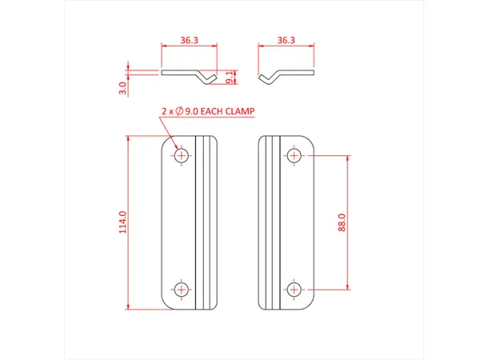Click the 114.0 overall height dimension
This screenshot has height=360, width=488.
click(x=122, y=222)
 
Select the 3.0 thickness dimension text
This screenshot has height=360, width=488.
click(x=122, y=87)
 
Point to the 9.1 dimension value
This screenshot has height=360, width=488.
click(x=230, y=76)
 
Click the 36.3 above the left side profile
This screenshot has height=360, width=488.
click(x=189, y=39)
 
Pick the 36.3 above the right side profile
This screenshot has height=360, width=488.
click(x=286, y=39)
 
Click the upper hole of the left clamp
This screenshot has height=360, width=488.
click(x=182, y=154)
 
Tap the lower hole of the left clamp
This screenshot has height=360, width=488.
click(x=182, y=288)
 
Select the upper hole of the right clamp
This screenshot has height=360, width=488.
click(x=294, y=154)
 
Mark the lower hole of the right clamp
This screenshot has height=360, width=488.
click(x=294, y=288)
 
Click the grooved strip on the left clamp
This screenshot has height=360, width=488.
click(x=206, y=222)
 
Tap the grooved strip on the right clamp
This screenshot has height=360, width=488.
click(x=270, y=222)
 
